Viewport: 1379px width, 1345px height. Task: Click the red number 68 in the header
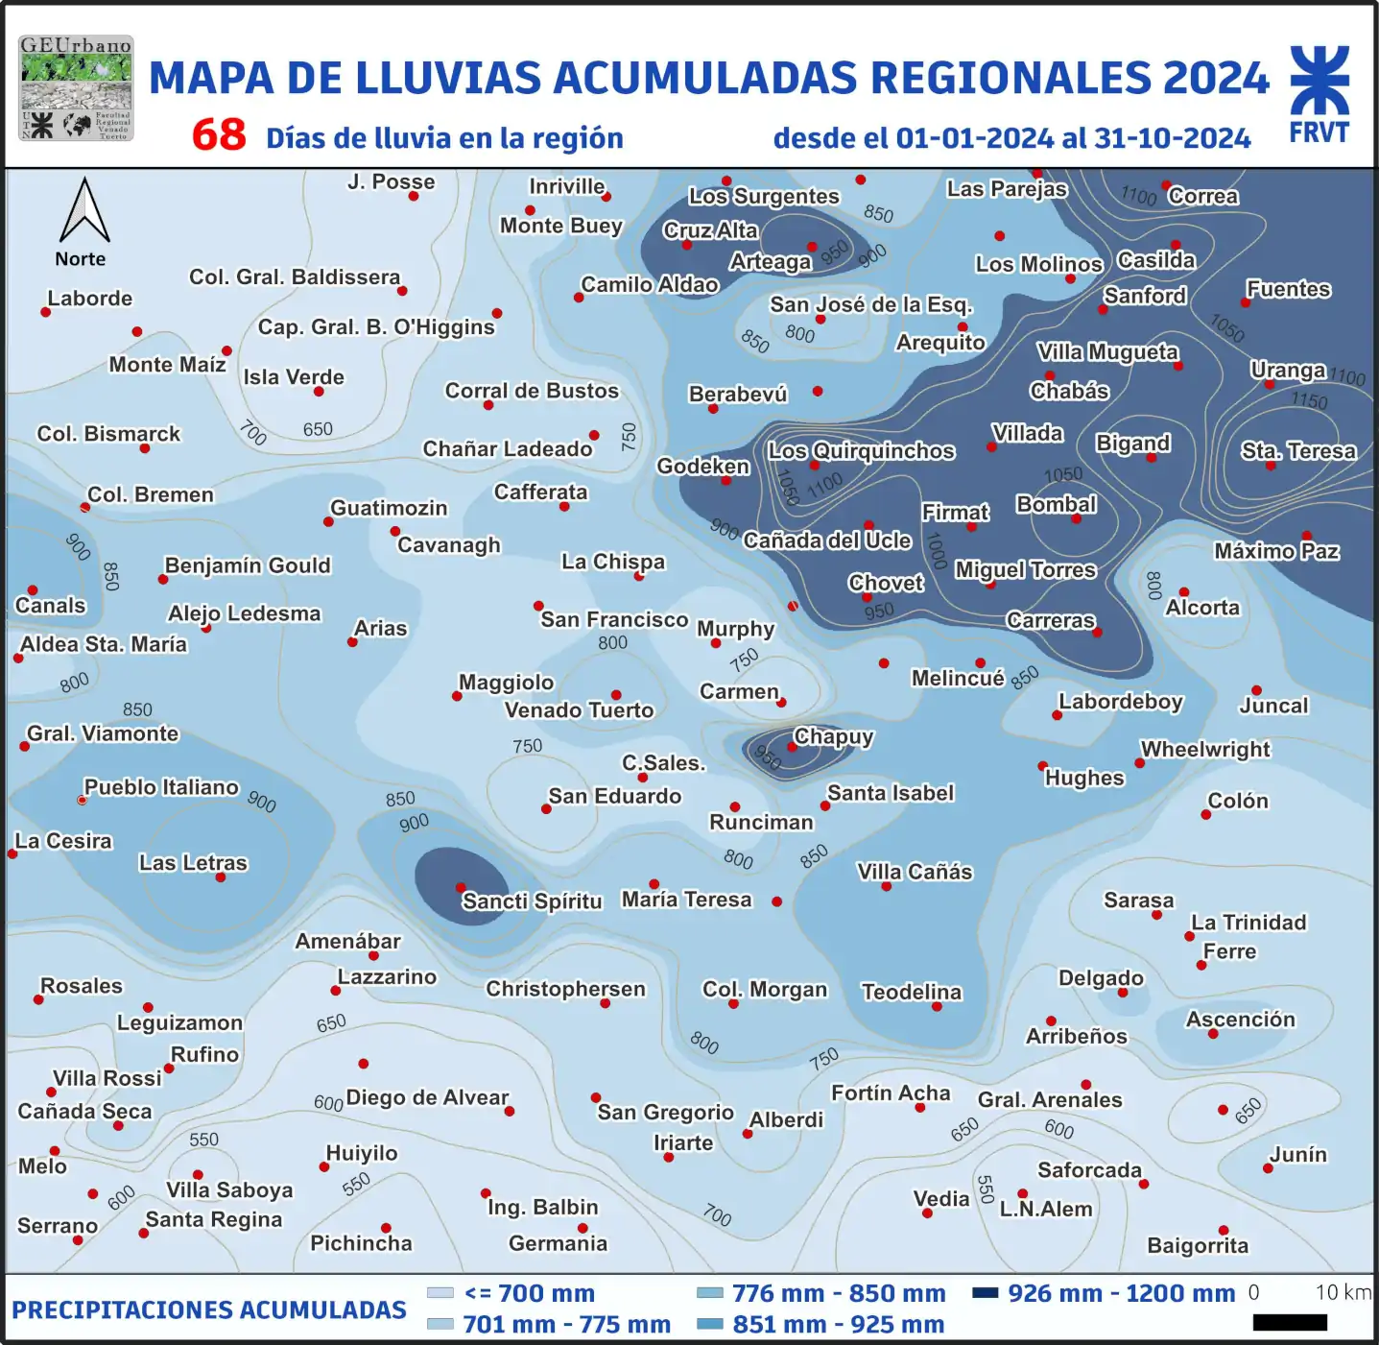[x=219, y=134]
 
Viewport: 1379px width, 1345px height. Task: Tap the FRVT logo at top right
[x=1320, y=94]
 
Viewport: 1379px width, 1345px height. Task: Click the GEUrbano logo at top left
[x=76, y=88]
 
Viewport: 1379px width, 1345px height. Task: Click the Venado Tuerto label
[x=579, y=710]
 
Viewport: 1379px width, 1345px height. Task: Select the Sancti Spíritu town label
[x=532, y=901]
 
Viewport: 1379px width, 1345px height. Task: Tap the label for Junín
[x=1298, y=1154]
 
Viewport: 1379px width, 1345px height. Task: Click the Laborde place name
[x=90, y=299]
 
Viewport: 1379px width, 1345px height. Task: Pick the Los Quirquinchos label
[x=861, y=451]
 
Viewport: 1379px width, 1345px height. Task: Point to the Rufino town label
[x=204, y=1054]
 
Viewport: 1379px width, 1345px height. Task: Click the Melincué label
[x=958, y=679]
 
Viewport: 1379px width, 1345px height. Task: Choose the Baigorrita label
[x=1198, y=1246]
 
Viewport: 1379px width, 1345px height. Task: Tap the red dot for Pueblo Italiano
[x=83, y=800]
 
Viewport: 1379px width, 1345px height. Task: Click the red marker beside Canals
[x=33, y=590]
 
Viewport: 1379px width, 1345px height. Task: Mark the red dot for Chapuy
[x=793, y=747]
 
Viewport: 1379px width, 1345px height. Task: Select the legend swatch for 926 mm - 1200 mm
[x=985, y=1292]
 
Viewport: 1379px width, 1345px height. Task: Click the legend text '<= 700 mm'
[x=529, y=1293]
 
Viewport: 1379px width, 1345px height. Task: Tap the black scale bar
[x=1290, y=1323]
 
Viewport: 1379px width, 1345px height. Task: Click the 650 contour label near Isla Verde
[x=318, y=429]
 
